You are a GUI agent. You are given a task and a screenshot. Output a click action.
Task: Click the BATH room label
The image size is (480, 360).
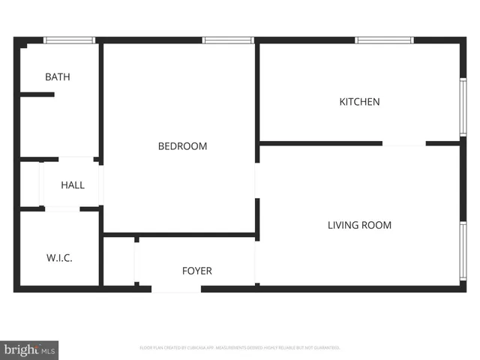pos(58,76)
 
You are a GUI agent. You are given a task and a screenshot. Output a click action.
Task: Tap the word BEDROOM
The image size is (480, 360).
pos(182,146)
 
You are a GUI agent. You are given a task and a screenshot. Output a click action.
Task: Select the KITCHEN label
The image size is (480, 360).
pos(359,101)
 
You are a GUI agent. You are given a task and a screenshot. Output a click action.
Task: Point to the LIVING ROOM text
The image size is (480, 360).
pos(359,225)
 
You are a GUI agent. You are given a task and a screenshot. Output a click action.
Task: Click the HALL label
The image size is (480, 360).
pos(73,185)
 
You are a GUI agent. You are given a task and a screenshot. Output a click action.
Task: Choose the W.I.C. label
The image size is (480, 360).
pos(59,258)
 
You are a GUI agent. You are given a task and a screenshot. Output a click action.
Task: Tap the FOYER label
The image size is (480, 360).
pos(197,271)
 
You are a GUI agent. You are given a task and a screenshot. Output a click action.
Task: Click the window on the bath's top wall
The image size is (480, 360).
pos(69,40)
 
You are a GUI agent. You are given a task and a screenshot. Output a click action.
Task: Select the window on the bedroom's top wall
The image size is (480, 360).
pos(228,40)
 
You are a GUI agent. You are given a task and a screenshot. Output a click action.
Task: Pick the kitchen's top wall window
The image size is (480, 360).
pos(384,40)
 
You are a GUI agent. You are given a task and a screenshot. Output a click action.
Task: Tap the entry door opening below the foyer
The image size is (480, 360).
pos(176,288)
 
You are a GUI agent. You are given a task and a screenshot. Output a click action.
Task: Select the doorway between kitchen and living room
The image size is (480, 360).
pos(404,143)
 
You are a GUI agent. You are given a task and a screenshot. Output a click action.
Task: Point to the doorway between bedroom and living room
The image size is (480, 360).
pos(256,180)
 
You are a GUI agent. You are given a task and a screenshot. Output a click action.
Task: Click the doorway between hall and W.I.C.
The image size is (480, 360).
pos(62,208)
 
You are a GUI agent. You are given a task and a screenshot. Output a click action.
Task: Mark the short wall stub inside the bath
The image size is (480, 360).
pos(37,94)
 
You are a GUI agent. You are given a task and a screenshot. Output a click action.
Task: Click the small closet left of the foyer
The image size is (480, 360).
pos(118,262)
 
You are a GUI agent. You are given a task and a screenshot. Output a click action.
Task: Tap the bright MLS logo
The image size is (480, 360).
pos(30,349)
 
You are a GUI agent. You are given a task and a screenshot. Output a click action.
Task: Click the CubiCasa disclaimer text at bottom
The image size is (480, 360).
pos(240,348)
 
